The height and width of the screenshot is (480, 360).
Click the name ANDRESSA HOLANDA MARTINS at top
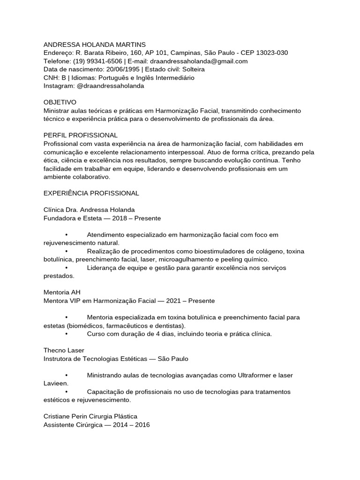tap(88, 44)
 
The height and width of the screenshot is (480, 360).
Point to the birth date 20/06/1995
tap(122, 69)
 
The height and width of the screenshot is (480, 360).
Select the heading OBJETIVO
tap(60, 102)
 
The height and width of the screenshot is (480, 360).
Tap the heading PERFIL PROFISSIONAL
tap(80, 135)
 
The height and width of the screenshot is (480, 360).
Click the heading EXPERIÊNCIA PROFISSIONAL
tap(91, 193)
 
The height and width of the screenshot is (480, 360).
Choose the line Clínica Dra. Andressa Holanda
tap(89, 210)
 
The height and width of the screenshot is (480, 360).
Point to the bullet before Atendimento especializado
tap(67, 234)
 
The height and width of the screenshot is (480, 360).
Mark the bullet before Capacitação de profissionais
tap(67, 392)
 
